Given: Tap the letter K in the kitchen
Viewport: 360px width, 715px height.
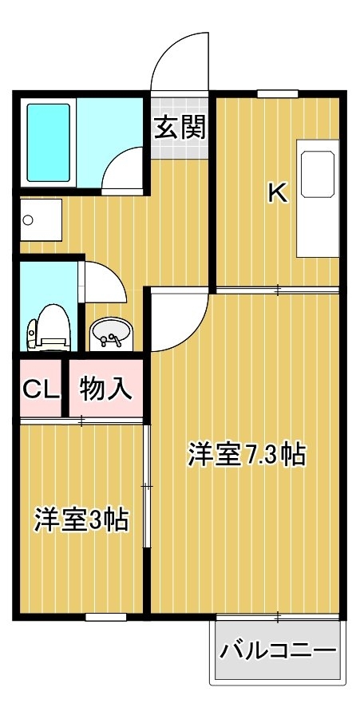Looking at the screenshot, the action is pos(278,193).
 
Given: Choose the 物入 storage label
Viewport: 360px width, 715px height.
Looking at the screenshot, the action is pos(105,389).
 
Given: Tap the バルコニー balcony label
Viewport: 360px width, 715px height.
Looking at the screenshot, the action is pos(278,650).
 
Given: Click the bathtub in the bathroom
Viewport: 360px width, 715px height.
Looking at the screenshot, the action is pos(49,143).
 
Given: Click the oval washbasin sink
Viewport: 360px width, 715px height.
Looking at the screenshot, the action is pos(111,333).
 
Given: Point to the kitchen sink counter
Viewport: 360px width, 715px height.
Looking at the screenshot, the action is pos(318,199).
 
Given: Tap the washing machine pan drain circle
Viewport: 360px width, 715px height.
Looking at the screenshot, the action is pos(28,221).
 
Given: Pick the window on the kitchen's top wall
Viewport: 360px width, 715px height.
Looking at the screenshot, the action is pos(278,94).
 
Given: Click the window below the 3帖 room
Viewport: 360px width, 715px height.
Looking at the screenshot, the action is pos(106,617).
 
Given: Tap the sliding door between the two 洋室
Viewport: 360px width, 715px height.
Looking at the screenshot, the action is pos(147,486).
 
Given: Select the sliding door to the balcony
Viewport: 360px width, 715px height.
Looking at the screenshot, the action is pos(278,617).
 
